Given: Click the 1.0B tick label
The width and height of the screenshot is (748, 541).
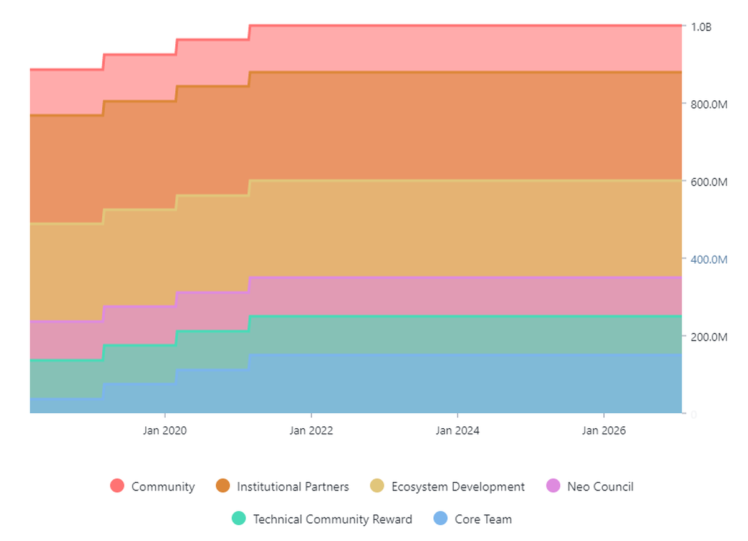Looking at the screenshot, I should [x=701, y=27].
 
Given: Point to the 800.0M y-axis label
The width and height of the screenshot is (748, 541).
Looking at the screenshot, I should [x=709, y=104].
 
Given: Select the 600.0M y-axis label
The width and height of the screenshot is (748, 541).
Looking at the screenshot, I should [x=709, y=182].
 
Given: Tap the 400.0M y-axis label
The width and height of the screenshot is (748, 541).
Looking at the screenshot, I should [x=709, y=259].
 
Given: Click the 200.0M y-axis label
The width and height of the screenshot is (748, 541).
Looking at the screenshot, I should [x=709, y=337].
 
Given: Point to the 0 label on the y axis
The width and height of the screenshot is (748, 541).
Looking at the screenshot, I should [x=693, y=414].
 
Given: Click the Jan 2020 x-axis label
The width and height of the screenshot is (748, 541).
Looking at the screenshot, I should [x=165, y=431].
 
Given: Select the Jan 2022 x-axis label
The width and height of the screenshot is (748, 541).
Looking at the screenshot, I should [x=311, y=431].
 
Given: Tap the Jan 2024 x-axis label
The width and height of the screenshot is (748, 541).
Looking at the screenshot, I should [x=458, y=431].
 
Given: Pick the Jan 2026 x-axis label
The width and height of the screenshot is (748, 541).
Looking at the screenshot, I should [x=604, y=431].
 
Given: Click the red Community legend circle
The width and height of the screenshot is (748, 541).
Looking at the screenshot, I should [x=117, y=486].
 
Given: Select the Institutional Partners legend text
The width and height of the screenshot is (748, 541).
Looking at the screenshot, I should [x=293, y=487].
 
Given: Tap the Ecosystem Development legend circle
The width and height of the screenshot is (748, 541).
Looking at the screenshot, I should [x=377, y=486].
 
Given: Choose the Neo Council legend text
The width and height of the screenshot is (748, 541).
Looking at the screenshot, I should [x=600, y=487].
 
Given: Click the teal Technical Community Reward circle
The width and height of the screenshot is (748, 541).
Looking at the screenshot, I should [x=239, y=519].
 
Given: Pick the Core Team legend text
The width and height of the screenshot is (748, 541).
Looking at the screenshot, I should [x=483, y=519].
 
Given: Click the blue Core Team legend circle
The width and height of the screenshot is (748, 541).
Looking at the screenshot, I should [x=441, y=519].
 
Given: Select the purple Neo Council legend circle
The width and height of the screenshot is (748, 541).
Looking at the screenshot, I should [x=553, y=486].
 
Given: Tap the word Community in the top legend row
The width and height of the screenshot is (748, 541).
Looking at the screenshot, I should [x=163, y=487].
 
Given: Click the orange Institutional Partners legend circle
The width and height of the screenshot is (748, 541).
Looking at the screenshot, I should [x=223, y=486].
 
